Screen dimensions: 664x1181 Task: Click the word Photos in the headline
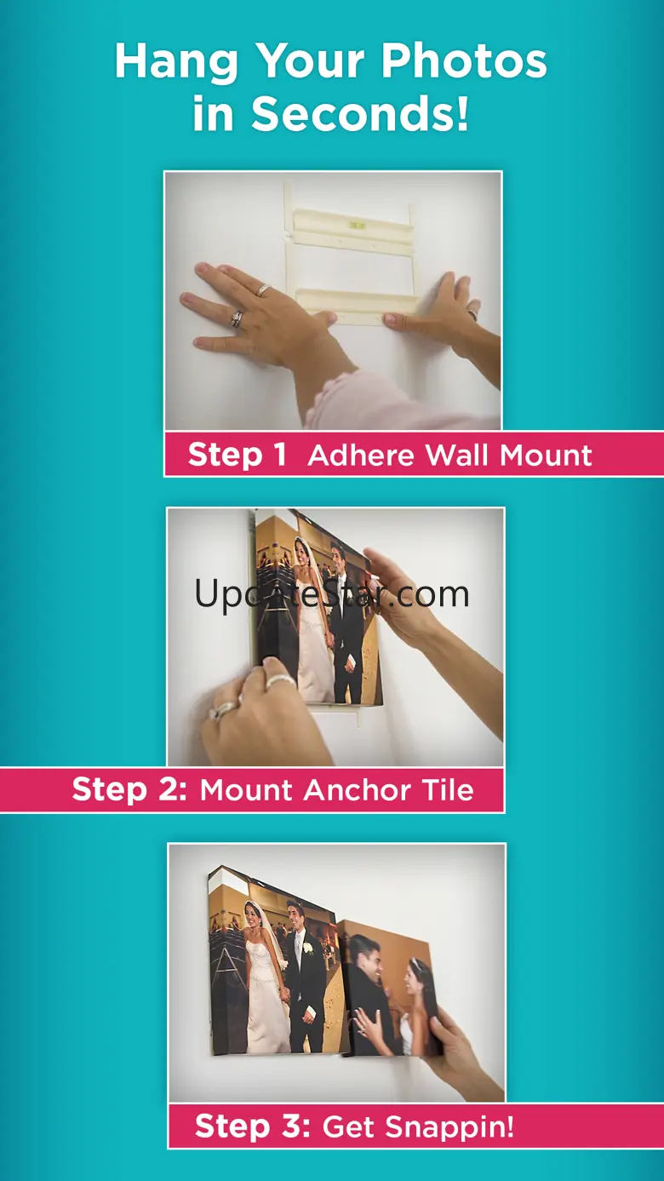464,61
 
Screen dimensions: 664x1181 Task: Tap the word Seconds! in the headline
360,113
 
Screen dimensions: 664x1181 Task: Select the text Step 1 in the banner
238,454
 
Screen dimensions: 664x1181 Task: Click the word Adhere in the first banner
363,455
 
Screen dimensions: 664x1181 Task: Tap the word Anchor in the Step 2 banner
357,790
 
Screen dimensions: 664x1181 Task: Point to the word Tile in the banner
448,790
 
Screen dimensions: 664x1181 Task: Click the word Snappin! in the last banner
449,1127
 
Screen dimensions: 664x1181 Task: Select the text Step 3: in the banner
253,1127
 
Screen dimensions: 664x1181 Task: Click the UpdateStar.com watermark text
331,594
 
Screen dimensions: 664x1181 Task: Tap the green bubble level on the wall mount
357,226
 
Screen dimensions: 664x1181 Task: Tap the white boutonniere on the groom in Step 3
307,949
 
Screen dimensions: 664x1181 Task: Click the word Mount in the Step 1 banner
546,455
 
